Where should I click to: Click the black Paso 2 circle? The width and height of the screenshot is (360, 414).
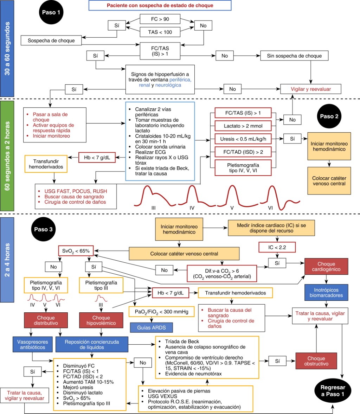pos(329,116)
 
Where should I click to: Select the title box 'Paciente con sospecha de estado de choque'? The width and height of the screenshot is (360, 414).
pos(160,6)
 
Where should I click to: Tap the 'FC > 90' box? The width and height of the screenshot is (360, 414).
pos(160,19)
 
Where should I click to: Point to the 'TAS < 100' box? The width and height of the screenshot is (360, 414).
pos(160,32)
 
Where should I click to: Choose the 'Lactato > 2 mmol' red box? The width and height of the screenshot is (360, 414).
pos(243,126)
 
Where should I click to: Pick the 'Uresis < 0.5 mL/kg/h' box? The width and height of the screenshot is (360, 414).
pos(243,139)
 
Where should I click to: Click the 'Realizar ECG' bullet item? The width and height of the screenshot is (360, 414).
pos(150,152)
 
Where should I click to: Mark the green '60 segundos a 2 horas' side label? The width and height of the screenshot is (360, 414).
pos(7,156)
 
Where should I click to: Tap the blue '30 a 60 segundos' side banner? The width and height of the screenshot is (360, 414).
pos(7,49)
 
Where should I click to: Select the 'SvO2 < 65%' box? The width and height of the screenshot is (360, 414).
pos(76,251)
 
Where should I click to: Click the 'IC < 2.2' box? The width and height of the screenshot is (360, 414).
pos(277,247)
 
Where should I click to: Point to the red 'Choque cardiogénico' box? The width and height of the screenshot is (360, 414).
pos(326,267)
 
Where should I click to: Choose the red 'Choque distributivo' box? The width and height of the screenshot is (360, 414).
pos(46,320)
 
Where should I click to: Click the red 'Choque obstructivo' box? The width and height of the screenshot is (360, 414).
pos(316,361)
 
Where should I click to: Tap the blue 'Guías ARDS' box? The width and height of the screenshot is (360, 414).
pos(152,327)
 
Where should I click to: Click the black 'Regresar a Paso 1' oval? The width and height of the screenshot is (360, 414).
pos(333,391)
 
